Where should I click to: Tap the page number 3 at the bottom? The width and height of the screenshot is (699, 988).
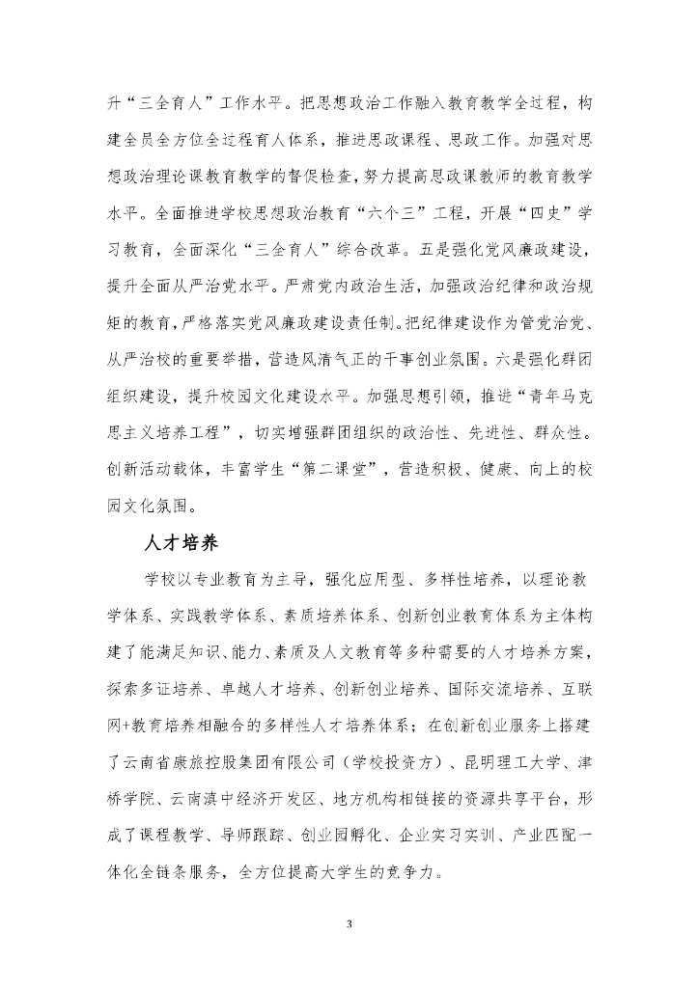point(349,924)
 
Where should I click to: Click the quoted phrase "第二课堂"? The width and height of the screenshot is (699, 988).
point(337,469)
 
